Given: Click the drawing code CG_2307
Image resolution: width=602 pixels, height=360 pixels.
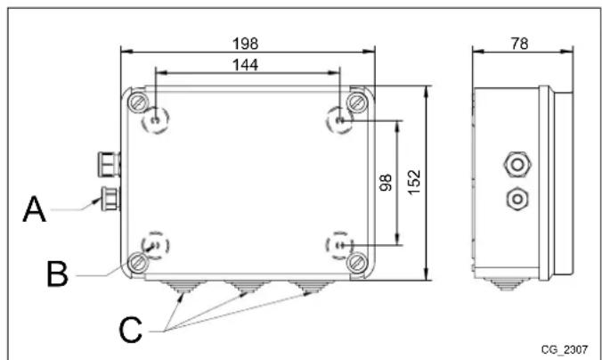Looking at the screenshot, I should coord(564,348).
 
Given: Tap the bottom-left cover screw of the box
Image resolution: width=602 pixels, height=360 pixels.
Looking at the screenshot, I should coord(137,262).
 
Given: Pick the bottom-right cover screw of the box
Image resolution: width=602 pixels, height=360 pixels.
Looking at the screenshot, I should coord(357,262).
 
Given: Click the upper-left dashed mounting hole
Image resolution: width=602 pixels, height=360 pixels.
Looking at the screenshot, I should coord(155,119).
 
